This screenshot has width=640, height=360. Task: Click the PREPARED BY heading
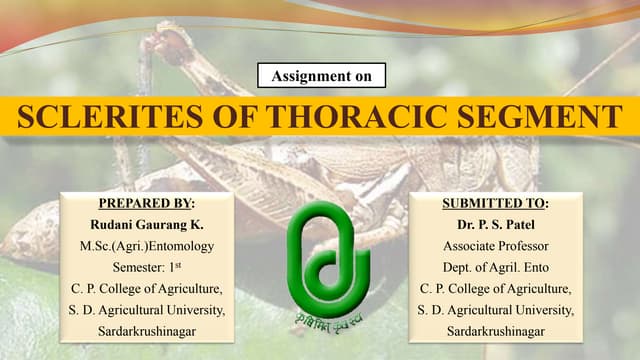[146, 203]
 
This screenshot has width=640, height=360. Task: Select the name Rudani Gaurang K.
[146, 224]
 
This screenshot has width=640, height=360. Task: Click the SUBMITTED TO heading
[496, 203]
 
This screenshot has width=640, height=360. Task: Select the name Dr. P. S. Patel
[496, 224]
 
